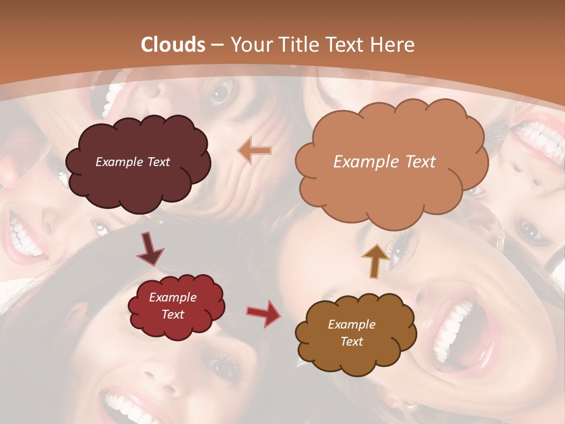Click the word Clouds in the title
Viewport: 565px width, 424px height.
[173, 45]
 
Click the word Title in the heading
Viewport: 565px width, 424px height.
[298, 45]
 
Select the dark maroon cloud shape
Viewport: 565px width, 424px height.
[138, 163]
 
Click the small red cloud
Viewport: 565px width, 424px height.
[176, 306]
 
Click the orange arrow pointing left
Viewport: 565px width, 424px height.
[255, 151]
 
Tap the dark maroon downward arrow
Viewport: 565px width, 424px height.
[149, 249]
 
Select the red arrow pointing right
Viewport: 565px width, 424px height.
[264, 313]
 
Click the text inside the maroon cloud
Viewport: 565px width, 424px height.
[132, 162]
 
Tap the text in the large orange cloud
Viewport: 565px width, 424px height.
[384, 162]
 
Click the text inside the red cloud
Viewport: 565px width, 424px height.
[172, 306]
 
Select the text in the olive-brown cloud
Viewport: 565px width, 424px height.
[351, 333]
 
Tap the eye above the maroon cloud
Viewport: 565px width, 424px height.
[222, 92]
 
